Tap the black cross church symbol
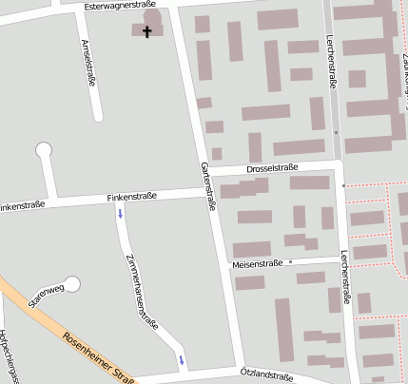click(x=147, y=31)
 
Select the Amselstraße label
click(x=88, y=63)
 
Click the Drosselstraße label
click(x=272, y=167)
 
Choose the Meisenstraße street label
click(x=257, y=262)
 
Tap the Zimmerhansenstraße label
click(x=142, y=291)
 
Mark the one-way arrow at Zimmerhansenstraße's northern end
click(x=120, y=213)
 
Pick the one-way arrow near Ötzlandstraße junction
click(x=180, y=359)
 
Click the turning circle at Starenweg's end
click(x=72, y=283)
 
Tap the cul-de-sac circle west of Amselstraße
click(x=44, y=149)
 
